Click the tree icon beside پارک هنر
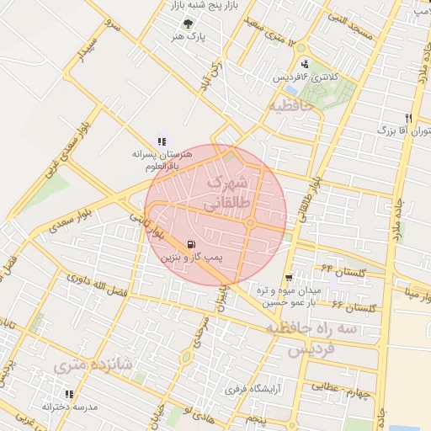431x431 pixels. (x=187, y=24)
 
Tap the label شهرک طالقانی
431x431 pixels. (x=226, y=192)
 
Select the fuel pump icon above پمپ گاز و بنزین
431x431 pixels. (x=184, y=244)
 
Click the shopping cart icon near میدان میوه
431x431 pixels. (x=289, y=277)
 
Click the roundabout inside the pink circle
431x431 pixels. (x=251, y=223)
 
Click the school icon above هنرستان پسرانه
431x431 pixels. (x=161, y=142)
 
